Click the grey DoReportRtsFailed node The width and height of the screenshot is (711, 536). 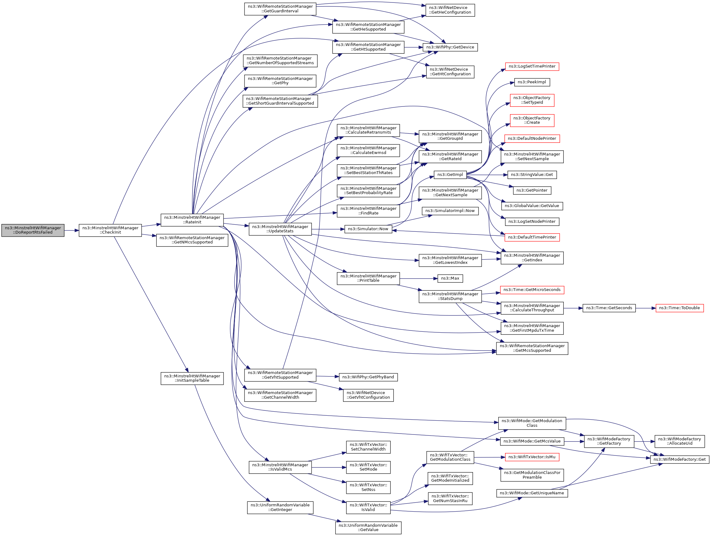(33, 230)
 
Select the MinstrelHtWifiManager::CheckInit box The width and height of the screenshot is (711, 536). (110, 230)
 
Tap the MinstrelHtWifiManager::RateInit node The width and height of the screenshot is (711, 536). (192, 219)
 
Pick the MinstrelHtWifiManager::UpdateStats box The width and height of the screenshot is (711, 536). (280, 229)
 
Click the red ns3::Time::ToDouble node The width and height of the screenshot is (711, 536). (679, 308)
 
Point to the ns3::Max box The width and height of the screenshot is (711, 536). (450, 278)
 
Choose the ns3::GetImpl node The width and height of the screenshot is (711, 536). (450, 174)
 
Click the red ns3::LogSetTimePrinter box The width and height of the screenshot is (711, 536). (532, 67)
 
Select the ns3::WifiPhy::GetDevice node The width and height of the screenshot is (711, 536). (450, 47)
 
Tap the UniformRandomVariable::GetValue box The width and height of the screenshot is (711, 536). (368, 527)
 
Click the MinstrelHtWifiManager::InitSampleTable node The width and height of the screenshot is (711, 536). (192, 378)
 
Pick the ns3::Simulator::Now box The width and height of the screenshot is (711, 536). (368, 229)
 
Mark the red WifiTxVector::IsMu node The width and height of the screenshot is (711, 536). (532, 457)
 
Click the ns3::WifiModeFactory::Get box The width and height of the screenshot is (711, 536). (679, 459)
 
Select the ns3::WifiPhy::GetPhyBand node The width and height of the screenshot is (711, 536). (368, 377)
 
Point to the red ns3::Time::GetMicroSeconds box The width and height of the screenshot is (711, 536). (532, 290)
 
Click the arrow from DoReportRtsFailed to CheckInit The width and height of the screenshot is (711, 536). (71, 231)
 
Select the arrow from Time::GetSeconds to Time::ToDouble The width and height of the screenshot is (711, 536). (646, 308)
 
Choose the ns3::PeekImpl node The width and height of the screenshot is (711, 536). (532, 82)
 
